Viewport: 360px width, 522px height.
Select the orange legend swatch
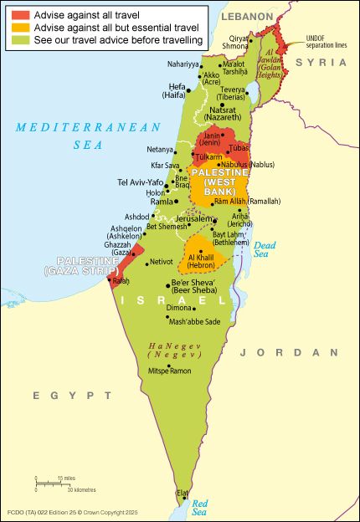(x=20, y=28)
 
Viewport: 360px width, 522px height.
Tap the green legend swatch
(x=20, y=39)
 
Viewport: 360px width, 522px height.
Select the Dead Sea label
(x=265, y=248)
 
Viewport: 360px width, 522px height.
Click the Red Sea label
(x=199, y=506)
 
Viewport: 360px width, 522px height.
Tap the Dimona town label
(x=178, y=308)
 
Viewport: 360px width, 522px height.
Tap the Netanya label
(x=159, y=150)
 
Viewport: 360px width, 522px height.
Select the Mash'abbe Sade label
(x=194, y=321)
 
